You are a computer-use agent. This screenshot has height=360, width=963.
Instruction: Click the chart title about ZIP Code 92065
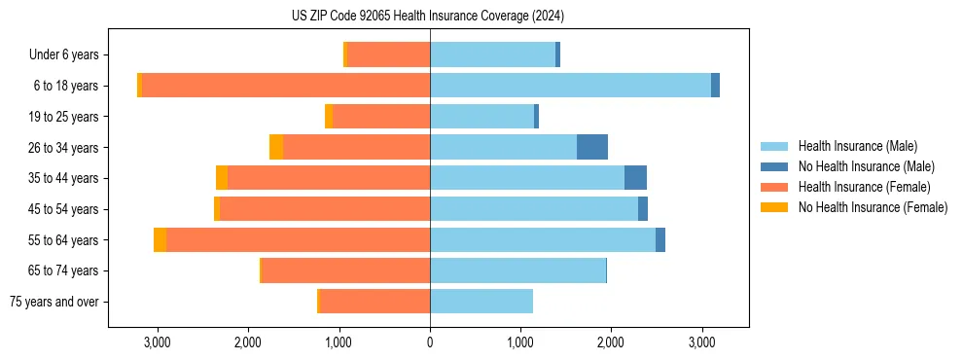pyautogui.click(x=428, y=17)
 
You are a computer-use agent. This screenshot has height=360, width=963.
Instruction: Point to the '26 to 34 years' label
pyautogui.click(x=64, y=148)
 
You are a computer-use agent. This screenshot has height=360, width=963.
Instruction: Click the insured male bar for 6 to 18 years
pyautogui.click(x=570, y=86)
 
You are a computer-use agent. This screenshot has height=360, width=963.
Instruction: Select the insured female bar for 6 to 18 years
pyautogui.click(x=286, y=86)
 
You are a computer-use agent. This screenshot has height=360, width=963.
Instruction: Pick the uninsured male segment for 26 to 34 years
pyautogui.click(x=592, y=147)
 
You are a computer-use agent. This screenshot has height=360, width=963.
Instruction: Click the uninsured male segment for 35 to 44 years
pyautogui.click(x=635, y=178)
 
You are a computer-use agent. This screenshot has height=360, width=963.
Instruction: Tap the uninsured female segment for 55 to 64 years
pyautogui.click(x=160, y=239)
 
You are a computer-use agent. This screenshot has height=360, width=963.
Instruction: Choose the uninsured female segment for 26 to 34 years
pyautogui.click(x=276, y=147)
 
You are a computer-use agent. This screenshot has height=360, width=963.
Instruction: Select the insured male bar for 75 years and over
pyautogui.click(x=481, y=302)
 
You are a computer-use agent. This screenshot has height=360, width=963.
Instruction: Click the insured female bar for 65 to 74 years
pyautogui.click(x=345, y=270)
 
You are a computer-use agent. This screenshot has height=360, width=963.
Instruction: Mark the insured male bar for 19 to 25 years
pyautogui.click(x=481, y=117)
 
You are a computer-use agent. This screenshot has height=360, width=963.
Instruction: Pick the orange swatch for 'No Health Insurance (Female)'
pyautogui.click(x=774, y=207)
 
